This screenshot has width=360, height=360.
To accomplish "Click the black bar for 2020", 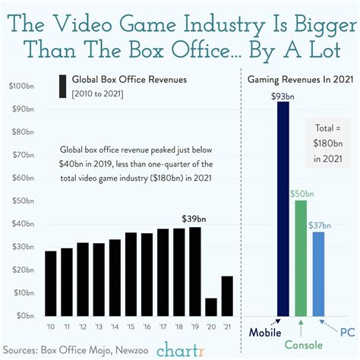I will pos(210,306).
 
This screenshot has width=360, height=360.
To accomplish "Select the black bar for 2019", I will pos(195,271).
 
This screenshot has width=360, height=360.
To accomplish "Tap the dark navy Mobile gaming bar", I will pos(283,209).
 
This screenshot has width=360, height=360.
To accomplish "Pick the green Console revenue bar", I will pos(301,257).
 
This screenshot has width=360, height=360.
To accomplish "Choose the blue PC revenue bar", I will pos(319,273).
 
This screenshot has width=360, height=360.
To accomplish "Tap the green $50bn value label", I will pos(301,193).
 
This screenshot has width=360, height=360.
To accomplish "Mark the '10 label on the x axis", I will pos(51,327).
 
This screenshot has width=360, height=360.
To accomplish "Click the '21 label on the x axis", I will pos(226,327).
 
